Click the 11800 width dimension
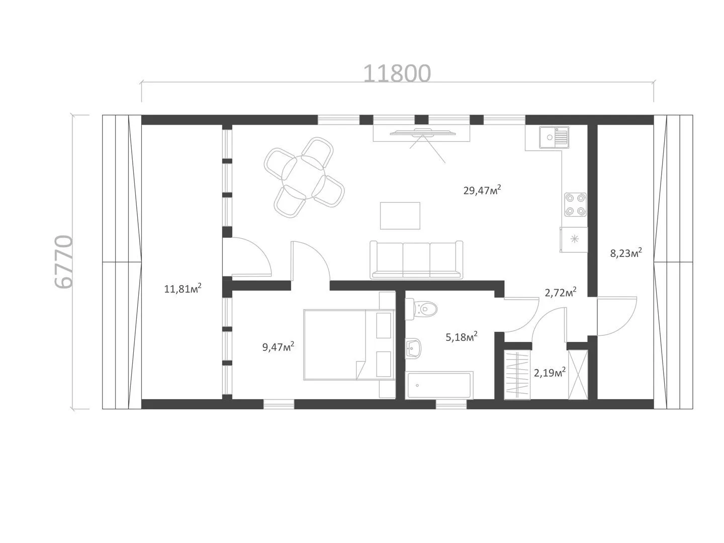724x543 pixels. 397,73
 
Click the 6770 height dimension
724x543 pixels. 63,262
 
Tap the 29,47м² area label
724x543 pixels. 482,190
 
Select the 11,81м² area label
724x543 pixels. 183,288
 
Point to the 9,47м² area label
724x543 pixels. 278,346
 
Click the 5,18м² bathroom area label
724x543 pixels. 462,337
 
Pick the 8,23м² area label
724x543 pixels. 626,253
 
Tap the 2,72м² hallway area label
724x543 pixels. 561,292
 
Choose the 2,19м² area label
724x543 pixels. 550,373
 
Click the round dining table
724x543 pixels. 304,177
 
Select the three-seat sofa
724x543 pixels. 416,260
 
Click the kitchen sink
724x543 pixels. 554,137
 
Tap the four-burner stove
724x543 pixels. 575,205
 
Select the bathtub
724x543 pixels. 439,385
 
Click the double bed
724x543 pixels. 349,344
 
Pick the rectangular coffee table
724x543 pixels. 400,216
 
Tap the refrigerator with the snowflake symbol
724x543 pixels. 574,239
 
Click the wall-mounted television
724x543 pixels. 422,133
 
